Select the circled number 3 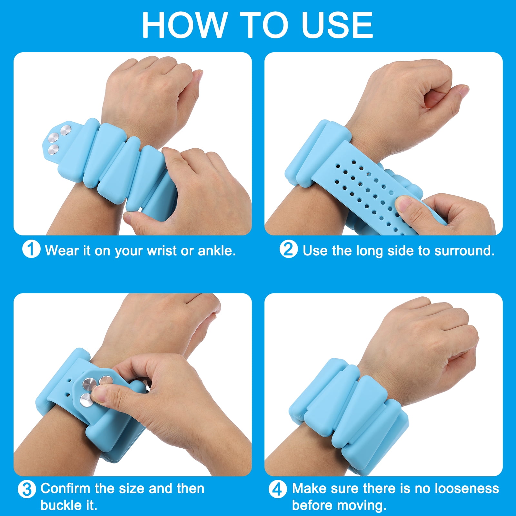click(26, 489)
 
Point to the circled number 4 click(277, 489)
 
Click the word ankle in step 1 click(217, 251)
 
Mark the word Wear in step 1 click(62, 251)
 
